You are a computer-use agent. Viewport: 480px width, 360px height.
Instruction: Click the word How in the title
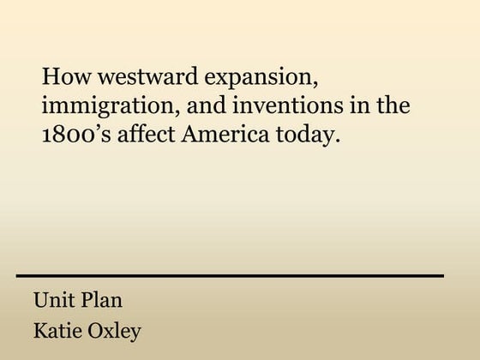[62, 77]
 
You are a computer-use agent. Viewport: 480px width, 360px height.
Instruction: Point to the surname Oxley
[115, 331]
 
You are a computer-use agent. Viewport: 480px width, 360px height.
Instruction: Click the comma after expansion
[320, 84]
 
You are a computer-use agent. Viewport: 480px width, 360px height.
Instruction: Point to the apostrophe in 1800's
[96, 129]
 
